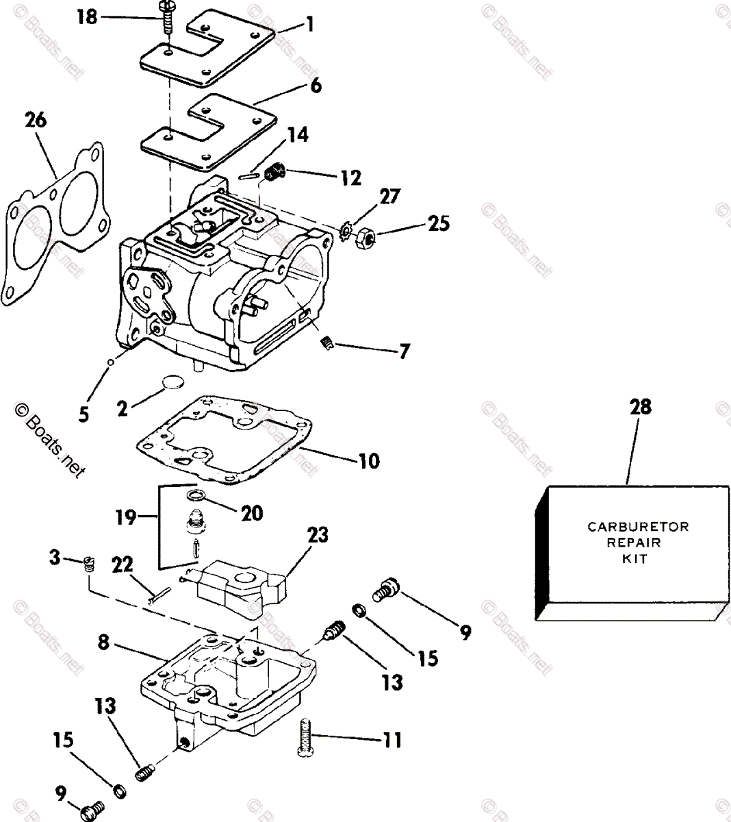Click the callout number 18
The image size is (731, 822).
(x=86, y=16)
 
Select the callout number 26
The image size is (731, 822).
(x=36, y=121)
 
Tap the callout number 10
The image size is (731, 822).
(x=368, y=460)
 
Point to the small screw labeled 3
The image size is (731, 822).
(x=88, y=563)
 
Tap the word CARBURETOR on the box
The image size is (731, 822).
(x=638, y=527)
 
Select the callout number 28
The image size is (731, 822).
(x=641, y=408)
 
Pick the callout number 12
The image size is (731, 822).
(x=350, y=178)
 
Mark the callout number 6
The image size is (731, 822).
(x=315, y=86)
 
